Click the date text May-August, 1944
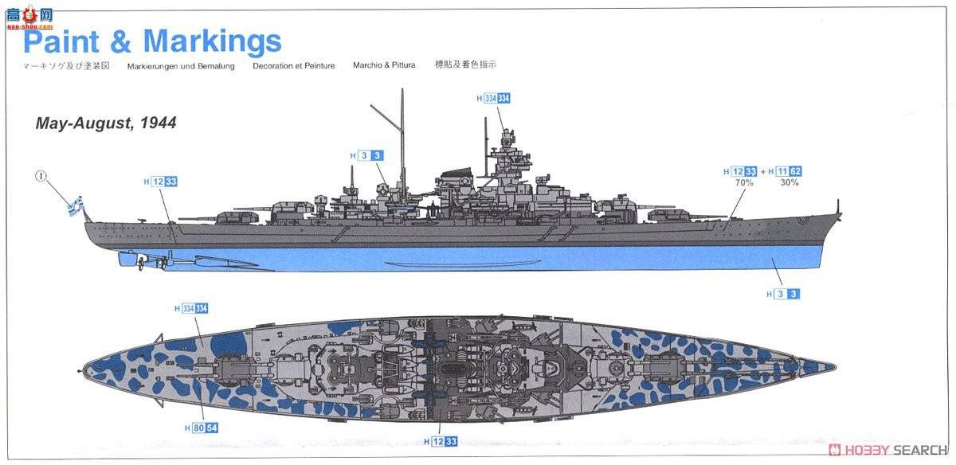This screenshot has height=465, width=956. [x=105, y=123]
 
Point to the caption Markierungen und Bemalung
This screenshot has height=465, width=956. [x=181, y=66]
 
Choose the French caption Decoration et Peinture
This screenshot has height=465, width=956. [x=293, y=66]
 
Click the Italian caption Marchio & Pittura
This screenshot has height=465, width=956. [x=384, y=65]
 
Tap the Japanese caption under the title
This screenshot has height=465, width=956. [x=69, y=66]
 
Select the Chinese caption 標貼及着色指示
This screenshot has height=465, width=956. [x=471, y=64]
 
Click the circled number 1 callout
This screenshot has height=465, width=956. [x=41, y=176]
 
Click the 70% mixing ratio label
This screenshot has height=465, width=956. [x=744, y=182]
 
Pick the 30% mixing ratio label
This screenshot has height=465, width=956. [x=789, y=182]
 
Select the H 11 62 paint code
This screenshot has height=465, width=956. [x=784, y=171]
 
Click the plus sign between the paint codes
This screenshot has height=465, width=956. [x=762, y=171]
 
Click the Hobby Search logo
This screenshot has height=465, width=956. [x=884, y=450]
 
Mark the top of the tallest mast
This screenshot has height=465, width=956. [x=402, y=91]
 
